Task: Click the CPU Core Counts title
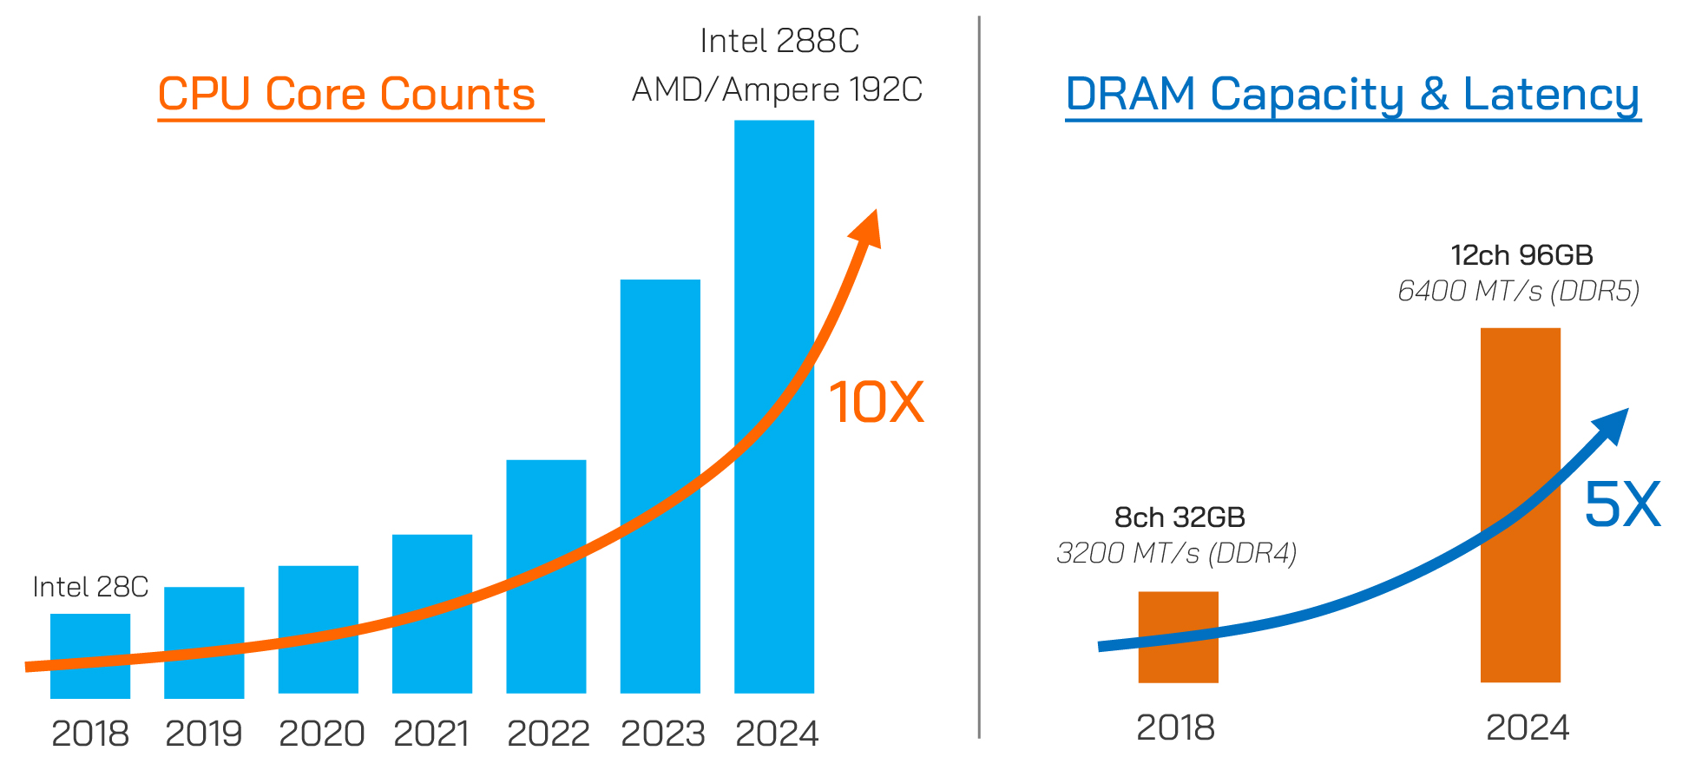[x=346, y=94]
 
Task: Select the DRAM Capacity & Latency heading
[x=1352, y=94]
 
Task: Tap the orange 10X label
[x=877, y=403]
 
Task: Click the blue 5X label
[x=1621, y=504]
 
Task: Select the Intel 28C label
[x=90, y=587]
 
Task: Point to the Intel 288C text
[x=779, y=41]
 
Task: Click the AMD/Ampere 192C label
[x=777, y=89]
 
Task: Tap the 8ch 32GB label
[x=1179, y=517]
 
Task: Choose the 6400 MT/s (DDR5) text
[x=1518, y=291]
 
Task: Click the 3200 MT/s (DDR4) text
[x=1176, y=553]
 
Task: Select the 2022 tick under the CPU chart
[x=548, y=734]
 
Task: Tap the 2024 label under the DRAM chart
[x=1527, y=728]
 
